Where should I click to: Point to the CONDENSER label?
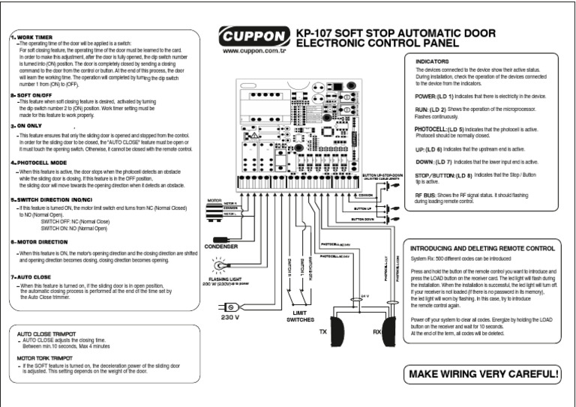pos(220,245)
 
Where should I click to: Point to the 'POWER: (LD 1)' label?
pos(432,97)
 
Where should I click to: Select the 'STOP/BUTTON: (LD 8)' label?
pos(442,175)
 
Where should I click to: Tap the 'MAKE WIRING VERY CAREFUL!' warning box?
pos(484,373)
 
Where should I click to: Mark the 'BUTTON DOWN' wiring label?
pos(363,218)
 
